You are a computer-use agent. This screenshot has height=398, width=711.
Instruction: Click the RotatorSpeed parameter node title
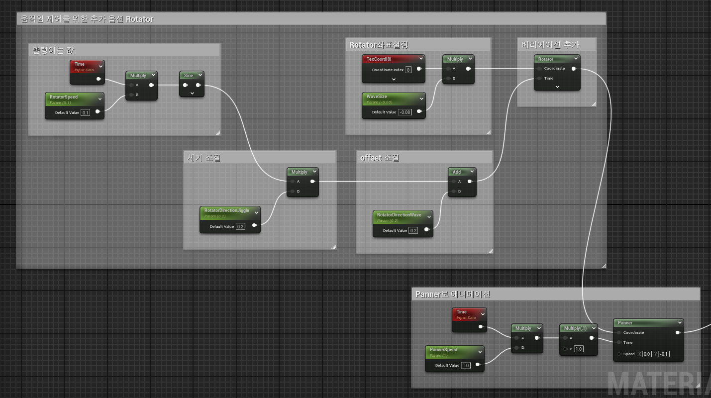coord(64,97)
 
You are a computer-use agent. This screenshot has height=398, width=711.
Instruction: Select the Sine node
coord(189,76)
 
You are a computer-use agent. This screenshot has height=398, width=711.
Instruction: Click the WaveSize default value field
coord(405,112)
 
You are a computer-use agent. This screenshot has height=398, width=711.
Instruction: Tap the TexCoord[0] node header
coord(379,59)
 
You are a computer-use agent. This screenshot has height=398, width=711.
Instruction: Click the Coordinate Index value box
coord(408,70)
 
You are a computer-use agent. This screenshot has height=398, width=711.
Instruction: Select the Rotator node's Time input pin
coord(539,79)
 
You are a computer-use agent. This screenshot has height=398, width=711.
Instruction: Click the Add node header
coord(457,172)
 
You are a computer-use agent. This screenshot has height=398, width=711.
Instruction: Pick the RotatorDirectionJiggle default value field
coord(240,226)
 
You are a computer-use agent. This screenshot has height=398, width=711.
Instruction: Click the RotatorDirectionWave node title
coord(399,215)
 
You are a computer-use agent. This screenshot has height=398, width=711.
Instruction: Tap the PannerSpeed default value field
coord(466,365)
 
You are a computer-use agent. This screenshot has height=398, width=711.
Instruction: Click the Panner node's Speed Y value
coord(663,354)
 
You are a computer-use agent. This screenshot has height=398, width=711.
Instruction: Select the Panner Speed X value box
coord(647,354)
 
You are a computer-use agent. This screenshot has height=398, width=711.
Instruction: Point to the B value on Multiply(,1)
coord(579,349)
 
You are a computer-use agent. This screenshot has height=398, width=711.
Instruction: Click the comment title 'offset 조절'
coord(380,158)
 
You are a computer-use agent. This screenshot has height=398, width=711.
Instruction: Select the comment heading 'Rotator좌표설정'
coord(379,45)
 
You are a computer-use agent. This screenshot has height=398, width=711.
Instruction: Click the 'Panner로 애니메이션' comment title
coord(453,294)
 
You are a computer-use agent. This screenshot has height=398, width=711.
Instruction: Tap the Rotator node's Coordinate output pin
coord(574,69)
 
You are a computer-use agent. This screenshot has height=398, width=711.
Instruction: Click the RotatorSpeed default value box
coord(86,112)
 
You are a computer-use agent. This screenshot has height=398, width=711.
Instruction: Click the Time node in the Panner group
coord(462,312)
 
